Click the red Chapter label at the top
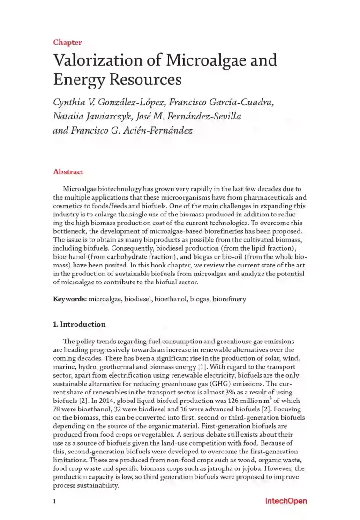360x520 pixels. pyautogui.click(x=67, y=42)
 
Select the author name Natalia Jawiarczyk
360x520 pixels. pyautogui.click(x=95, y=116)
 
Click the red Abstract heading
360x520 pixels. pyautogui.click(x=68, y=171)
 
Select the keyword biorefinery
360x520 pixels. pyautogui.click(x=229, y=299)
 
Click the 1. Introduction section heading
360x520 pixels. pyautogui.click(x=79, y=324)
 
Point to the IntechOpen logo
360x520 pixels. pyautogui.click(x=286, y=501)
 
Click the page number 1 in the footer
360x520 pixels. pyautogui.click(x=55, y=501)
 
